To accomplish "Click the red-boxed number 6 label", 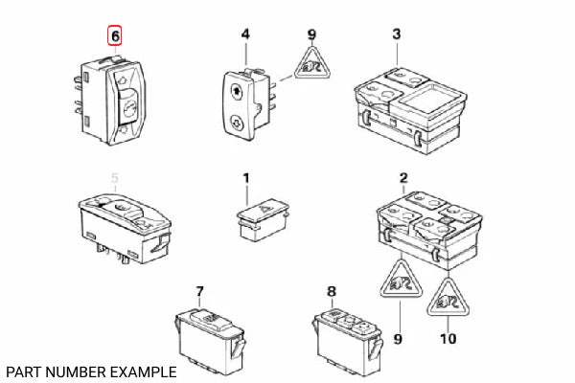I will (115, 37).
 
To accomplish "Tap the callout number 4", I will (245, 34).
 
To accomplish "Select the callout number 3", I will (396, 34).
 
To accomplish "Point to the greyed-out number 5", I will (115, 177).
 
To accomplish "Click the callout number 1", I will (245, 177).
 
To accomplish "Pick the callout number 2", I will (403, 177).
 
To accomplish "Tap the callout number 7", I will (199, 290).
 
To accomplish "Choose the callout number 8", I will (332, 290).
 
